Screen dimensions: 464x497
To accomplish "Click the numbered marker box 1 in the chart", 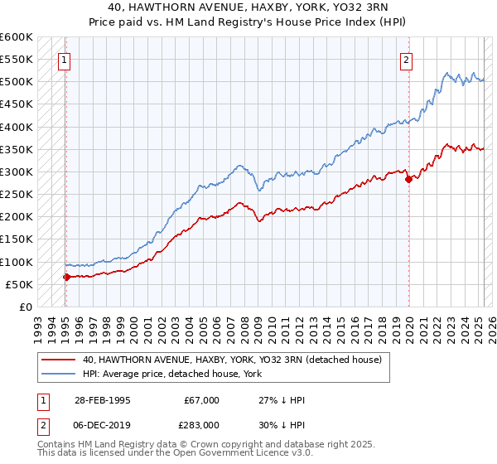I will pos(64,59).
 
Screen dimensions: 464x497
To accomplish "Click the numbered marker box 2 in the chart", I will pos(407,59).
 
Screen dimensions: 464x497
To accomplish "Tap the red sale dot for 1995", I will pos(66,277).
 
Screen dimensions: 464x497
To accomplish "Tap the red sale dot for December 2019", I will pos(408,179).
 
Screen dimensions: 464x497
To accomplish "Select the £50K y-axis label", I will pos(19,284).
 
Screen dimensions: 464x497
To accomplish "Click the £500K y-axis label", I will pos(17,82).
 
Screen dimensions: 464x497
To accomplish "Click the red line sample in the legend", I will pos(59,360).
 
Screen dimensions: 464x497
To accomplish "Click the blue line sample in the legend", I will pos(59,375).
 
